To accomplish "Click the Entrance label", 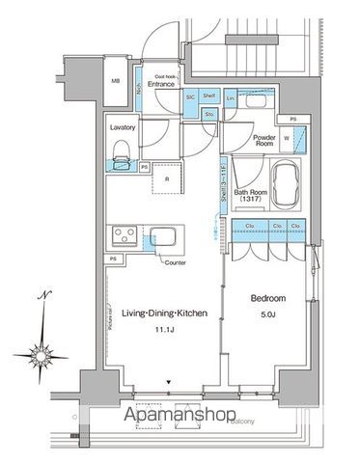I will tap(161, 85).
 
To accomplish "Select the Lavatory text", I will tap(123, 127).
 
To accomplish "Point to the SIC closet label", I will tap(191, 97).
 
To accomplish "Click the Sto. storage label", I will tap(209, 115).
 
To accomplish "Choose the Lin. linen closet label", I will tap(231, 98).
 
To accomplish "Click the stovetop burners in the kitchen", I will tap(125, 235).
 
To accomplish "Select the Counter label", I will tap(174, 262).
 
